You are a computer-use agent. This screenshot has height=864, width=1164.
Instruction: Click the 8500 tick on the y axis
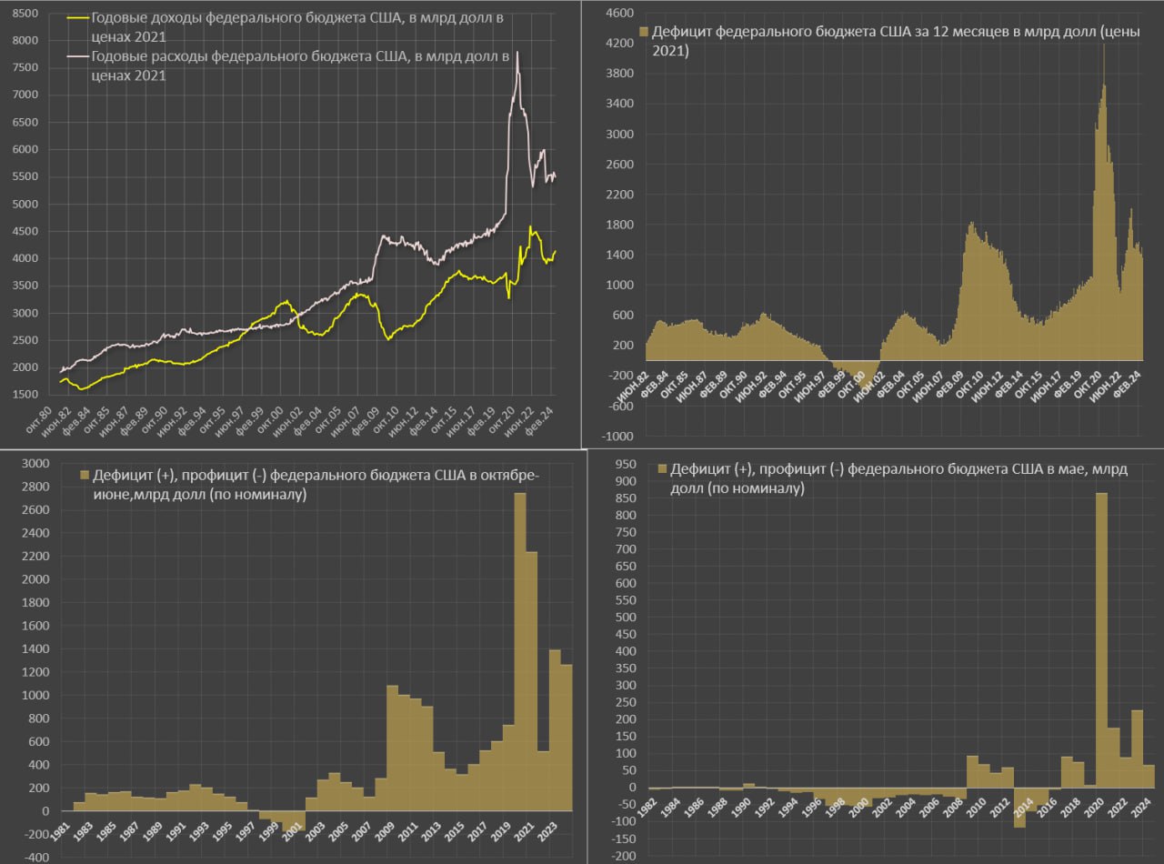[x=25, y=14]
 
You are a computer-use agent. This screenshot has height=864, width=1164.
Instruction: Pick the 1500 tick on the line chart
[x=25, y=394]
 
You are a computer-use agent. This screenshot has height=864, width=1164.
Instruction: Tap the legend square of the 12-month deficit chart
[x=646, y=32]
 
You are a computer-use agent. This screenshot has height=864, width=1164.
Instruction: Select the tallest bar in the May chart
[x=1101, y=637]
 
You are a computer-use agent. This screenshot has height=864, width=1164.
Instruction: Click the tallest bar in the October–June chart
[x=521, y=650]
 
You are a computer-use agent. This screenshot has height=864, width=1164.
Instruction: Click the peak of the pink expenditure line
[x=517, y=53]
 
